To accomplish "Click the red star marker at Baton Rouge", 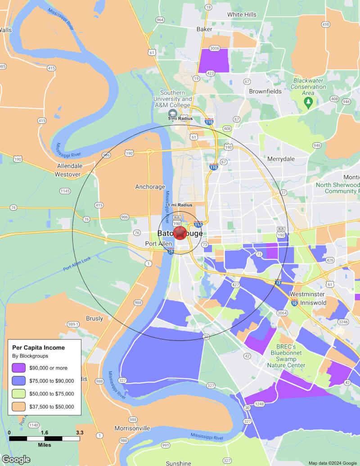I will point(180,233).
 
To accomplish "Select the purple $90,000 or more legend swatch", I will point(19,368).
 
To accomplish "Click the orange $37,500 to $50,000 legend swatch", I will point(19,407).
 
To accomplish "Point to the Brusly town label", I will point(94,318).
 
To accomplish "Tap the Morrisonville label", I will point(132,428).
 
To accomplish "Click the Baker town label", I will point(204,29).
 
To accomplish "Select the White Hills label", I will point(242,14).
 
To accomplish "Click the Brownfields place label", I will point(265,91).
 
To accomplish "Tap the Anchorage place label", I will point(150,187).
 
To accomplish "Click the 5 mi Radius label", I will point(180,118).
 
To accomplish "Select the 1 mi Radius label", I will point(180,205).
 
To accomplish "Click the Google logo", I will point(16,459).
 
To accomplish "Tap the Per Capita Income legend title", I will point(38,348).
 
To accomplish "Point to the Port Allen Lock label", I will point(77,262).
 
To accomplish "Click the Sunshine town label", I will point(178,463).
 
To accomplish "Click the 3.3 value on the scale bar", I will point(80,433).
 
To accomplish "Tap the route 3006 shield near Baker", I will point(214,48).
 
